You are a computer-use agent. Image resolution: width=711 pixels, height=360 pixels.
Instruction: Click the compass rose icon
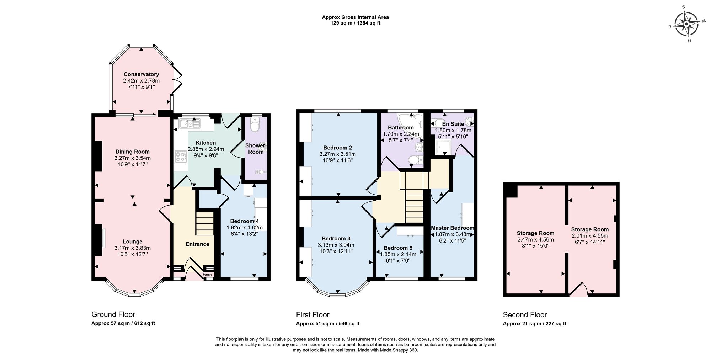pos(686,24)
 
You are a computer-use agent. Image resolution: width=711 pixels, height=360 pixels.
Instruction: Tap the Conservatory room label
pos(141,74)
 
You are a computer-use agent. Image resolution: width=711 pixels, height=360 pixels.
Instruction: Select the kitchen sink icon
pos(190,124)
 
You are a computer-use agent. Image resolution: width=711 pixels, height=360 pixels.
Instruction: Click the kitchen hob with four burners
pos(181,157)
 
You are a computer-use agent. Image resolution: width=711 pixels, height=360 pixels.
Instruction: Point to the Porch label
pos(207,275)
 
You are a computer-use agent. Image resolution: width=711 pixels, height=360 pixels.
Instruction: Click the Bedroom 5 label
pos(398,248)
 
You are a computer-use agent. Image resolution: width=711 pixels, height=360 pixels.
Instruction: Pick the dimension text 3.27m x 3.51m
pos(337,154)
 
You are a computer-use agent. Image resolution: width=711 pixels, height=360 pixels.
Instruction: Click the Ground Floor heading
pos(113,314)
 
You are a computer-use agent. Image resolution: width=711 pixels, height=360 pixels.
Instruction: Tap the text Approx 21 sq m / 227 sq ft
pos(534,324)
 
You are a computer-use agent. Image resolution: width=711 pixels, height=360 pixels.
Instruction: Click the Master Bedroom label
pos(452,228)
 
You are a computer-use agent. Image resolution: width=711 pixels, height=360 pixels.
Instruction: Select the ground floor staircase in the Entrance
pos(205,223)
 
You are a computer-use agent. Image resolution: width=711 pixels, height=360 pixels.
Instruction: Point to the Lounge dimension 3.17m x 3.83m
pos(132,248)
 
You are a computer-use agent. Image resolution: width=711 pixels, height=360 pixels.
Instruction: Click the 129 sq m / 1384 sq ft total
pos(355,23)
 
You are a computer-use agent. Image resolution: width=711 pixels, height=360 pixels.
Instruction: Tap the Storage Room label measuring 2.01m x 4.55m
pos(589,229)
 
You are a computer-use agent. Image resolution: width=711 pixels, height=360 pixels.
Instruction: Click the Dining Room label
pos(132,152)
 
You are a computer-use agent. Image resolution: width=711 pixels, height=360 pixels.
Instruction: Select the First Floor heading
pos(312,315)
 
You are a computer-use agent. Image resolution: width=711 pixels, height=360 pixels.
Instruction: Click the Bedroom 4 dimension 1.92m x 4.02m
pos(244,228)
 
